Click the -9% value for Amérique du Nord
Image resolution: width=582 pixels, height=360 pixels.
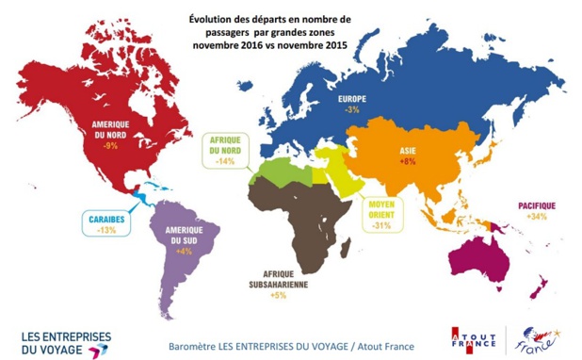tap(110, 146)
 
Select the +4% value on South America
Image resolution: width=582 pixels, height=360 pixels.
tap(183, 251)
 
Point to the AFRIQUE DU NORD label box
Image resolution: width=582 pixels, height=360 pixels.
tap(226, 150)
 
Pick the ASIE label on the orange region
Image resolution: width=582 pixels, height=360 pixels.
tap(408, 149)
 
